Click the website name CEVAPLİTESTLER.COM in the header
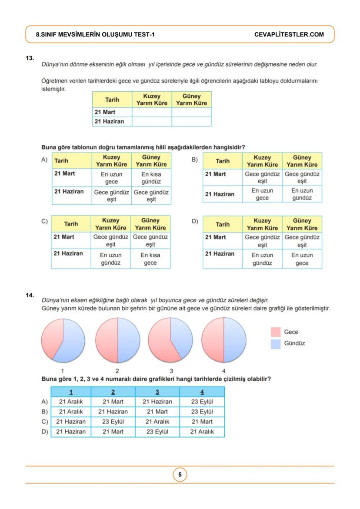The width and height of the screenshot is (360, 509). click(289, 34)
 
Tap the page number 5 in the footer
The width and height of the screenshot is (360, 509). click(180, 475)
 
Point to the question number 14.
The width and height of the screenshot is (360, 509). click(30, 295)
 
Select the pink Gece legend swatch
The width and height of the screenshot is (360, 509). click(275, 332)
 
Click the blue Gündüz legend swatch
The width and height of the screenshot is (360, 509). click(275, 344)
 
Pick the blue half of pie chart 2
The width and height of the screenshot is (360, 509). click(128, 340)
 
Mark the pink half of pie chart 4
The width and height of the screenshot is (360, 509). click(213, 340)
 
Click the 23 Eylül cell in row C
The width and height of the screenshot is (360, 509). click(113, 422)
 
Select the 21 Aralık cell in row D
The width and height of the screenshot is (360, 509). click(202, 432)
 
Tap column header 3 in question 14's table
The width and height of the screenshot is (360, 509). click(157, 392)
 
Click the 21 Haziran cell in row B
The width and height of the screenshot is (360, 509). click(113, 412)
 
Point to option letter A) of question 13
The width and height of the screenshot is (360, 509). click(44, 160)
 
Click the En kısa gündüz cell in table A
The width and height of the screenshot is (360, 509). click(151, 178)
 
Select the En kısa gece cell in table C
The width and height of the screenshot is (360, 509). click(150, 259)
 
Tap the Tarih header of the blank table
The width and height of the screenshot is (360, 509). click(112, 100)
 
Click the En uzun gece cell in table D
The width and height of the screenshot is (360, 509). click(302, 259)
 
